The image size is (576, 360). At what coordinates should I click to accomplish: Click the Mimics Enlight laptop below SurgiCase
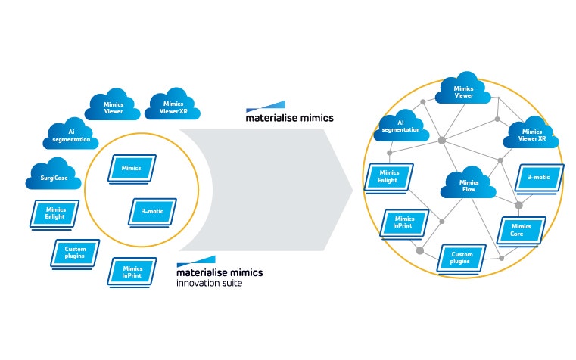click(x=54, y=215)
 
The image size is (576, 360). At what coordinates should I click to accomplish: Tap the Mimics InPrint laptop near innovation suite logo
click(x=132, y=272)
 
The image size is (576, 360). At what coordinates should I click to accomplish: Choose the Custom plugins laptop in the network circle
click(x=462, y=259)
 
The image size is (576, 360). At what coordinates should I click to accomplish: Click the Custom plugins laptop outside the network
click(x=74, y=252)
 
